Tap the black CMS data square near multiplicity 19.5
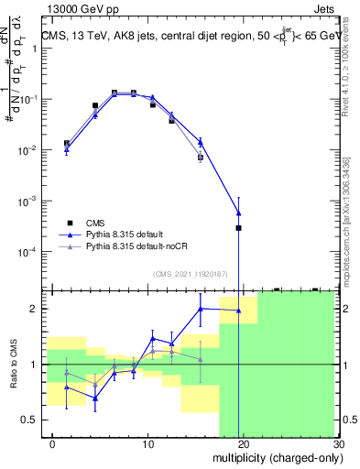(x=238, y=227)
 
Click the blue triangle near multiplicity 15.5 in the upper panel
(x=201, y=142)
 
